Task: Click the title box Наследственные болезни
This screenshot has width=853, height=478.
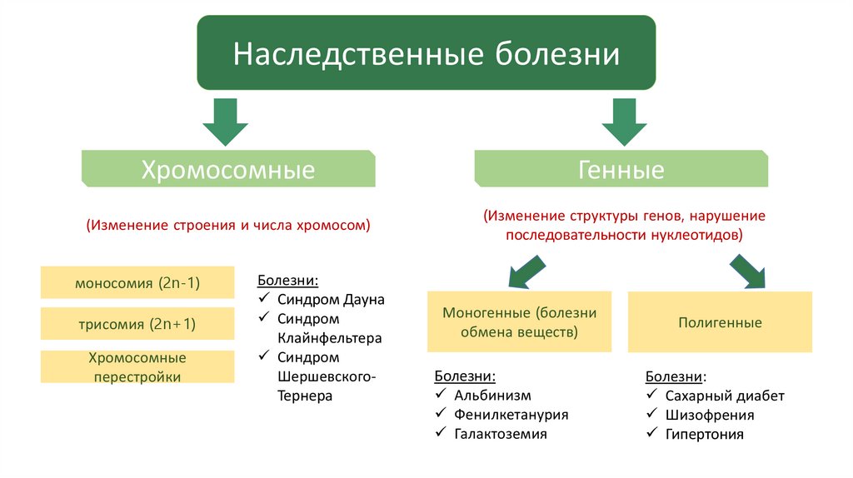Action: pyautogui.click(x=426, y=54)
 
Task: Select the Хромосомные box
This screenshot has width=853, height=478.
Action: pyautogui.click(x=227, y=170)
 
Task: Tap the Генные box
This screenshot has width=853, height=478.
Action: pyautogui.click(x=621, y=170)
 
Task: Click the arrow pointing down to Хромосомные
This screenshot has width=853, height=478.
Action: pyautogui.click(x=225, y=122)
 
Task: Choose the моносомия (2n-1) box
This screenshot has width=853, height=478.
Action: pyautogui.click(x=137, y=283)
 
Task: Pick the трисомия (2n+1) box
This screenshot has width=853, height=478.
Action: pyautogui.click(x=137, y=324)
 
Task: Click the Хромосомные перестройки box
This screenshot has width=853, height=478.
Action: pyautogui.click(x=137, y=367)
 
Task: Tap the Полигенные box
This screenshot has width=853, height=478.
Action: pyautogui.click(x=720, y=322)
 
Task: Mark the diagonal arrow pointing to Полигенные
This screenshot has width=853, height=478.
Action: pyautogui.click(x=748, y=271)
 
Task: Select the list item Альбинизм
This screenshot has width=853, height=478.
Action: pyautogui.click(x=492, y=396)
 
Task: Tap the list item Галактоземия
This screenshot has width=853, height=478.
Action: pyautogui.click(x=501, y=434)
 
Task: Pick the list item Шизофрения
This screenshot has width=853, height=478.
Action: pyautogui.click(x=710, y=415)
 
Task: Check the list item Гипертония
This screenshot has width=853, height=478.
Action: pyautogui.click(x=705, y=434)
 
